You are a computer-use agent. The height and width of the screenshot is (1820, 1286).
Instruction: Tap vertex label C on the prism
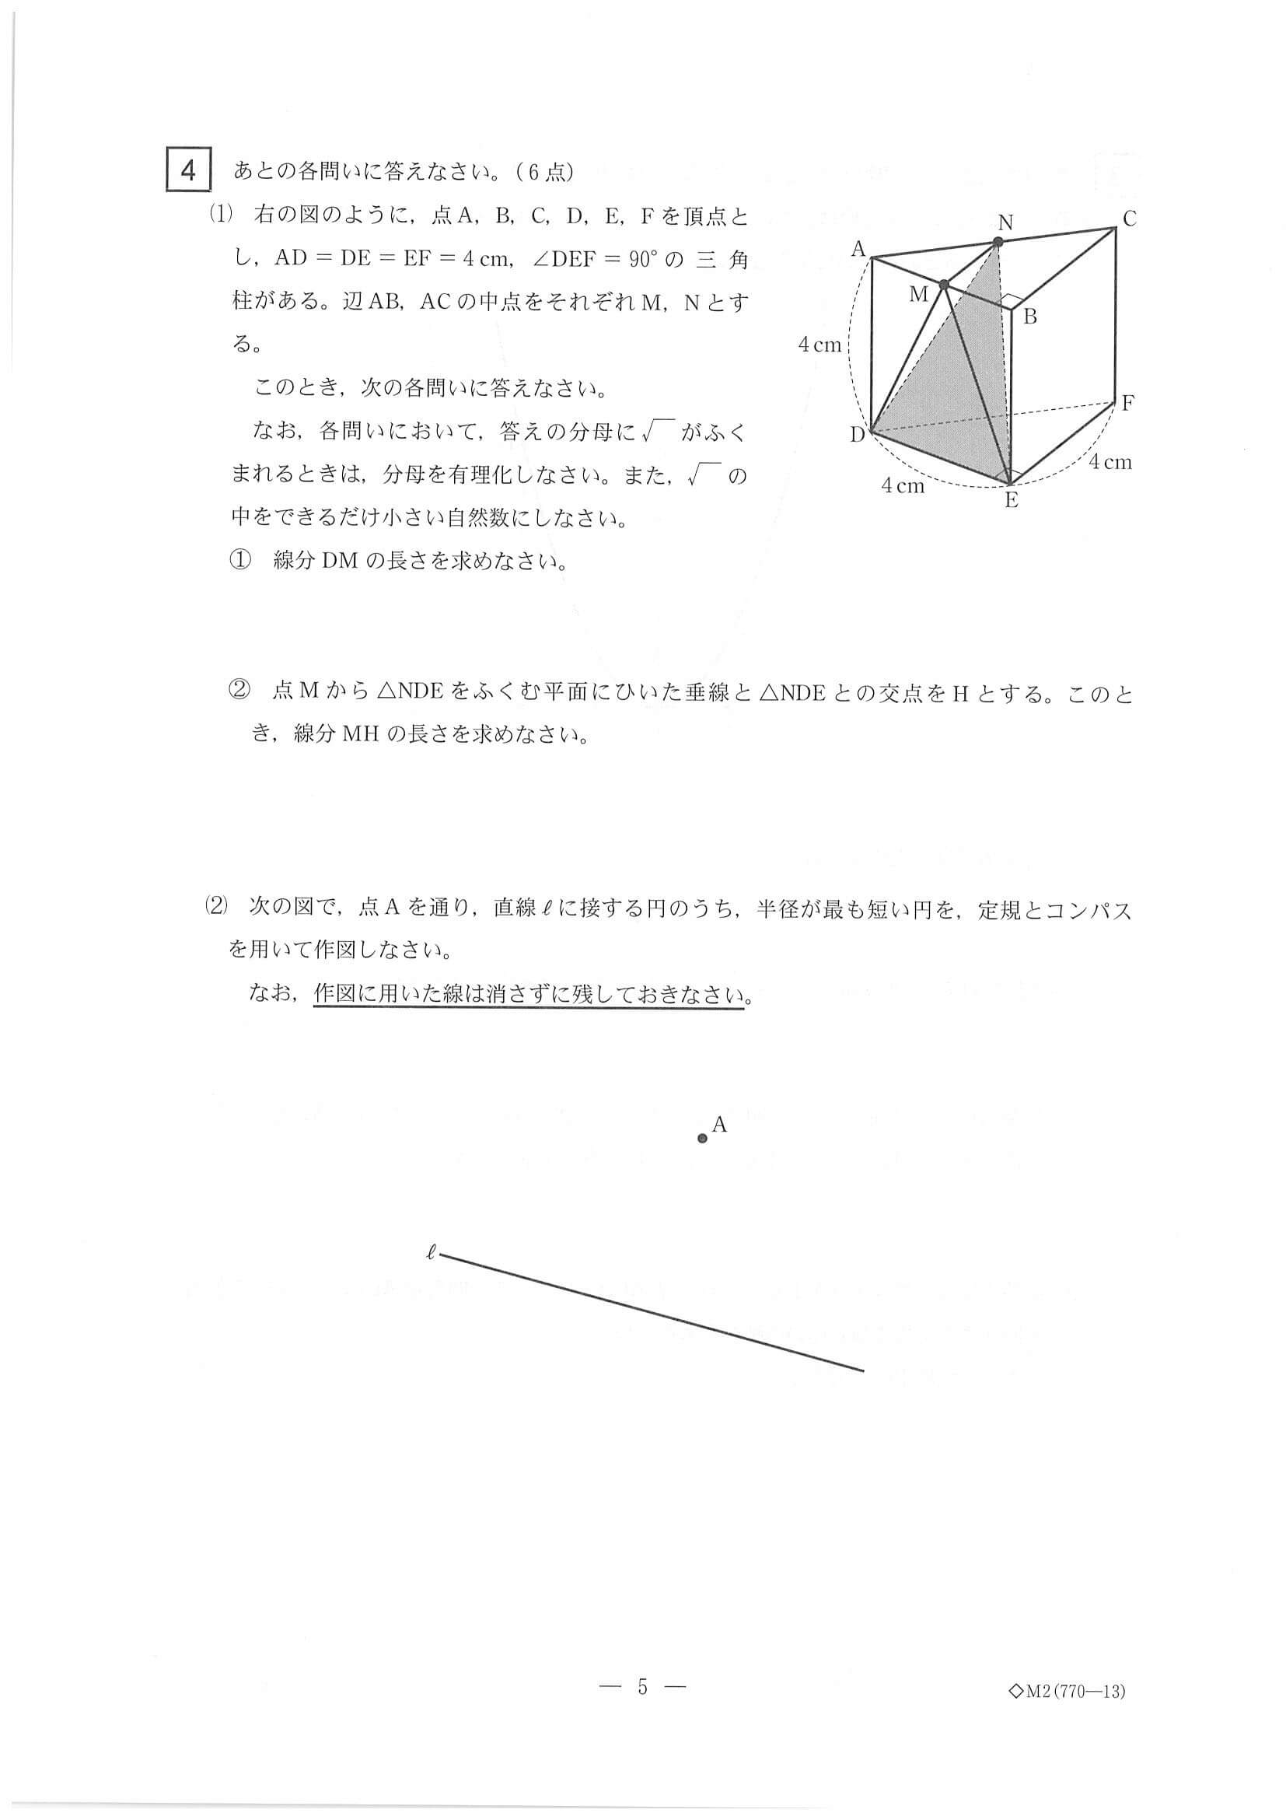point(1130,219)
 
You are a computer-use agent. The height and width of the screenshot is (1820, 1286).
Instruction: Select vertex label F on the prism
point(1127,403)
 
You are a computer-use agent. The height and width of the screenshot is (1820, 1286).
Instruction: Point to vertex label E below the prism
point(1011,500)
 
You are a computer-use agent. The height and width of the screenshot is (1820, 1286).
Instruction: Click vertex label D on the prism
point(858,435)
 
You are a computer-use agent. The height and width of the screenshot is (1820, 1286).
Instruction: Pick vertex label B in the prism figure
point(1029,317)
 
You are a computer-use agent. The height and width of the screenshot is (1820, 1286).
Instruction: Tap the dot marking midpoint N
point(998,243)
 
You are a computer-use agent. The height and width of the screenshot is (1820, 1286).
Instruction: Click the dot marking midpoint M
point(944,285)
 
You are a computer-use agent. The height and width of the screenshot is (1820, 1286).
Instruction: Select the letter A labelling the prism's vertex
point(858,250)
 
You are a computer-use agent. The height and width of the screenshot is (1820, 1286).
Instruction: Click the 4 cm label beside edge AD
point(819,345)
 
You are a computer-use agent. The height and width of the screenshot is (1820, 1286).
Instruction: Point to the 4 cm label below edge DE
point(903,486)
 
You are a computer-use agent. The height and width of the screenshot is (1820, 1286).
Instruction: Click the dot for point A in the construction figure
point(702,1139)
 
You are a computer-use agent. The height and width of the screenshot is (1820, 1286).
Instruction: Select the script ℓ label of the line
point(431,1253)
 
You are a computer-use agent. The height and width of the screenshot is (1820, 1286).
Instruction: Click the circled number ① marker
point(240,561)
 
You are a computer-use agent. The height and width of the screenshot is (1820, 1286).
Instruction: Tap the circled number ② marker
point(240,693)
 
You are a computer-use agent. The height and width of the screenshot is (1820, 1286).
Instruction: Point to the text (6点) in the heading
point(543,172)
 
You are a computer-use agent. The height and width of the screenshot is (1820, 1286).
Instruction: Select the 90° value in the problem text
point(645,260)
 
